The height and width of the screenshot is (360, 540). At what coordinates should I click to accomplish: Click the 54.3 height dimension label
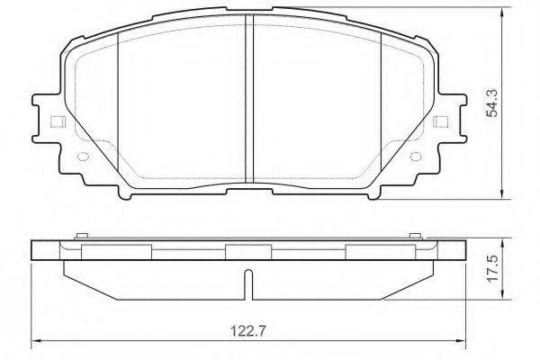[491, 103]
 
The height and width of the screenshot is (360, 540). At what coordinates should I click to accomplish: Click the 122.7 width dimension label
[248, 331]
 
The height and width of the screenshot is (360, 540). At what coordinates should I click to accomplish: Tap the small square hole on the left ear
[58, 121]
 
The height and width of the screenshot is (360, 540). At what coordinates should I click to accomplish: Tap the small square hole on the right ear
[441, 121]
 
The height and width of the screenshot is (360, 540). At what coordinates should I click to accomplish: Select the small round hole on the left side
[83, 157]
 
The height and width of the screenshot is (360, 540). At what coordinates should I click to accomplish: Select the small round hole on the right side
[416, 157]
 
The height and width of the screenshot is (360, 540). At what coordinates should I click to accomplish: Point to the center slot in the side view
[248, 284]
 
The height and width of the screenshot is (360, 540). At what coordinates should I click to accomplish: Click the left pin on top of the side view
[82, 236]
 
